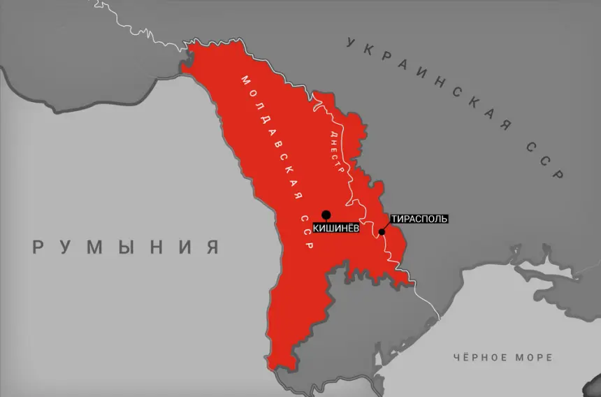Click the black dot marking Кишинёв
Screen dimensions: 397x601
[x=326, y=215]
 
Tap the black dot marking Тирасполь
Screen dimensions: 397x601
[x=382, y=232]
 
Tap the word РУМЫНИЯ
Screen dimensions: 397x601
[x=126, y=247]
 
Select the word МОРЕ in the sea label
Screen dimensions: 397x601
[x=535, y=357]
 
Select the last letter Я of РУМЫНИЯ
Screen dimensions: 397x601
[x=212, y=247]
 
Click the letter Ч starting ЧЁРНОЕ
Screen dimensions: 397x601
[x=456, y=357]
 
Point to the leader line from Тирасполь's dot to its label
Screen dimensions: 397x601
[x=386, y=226]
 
